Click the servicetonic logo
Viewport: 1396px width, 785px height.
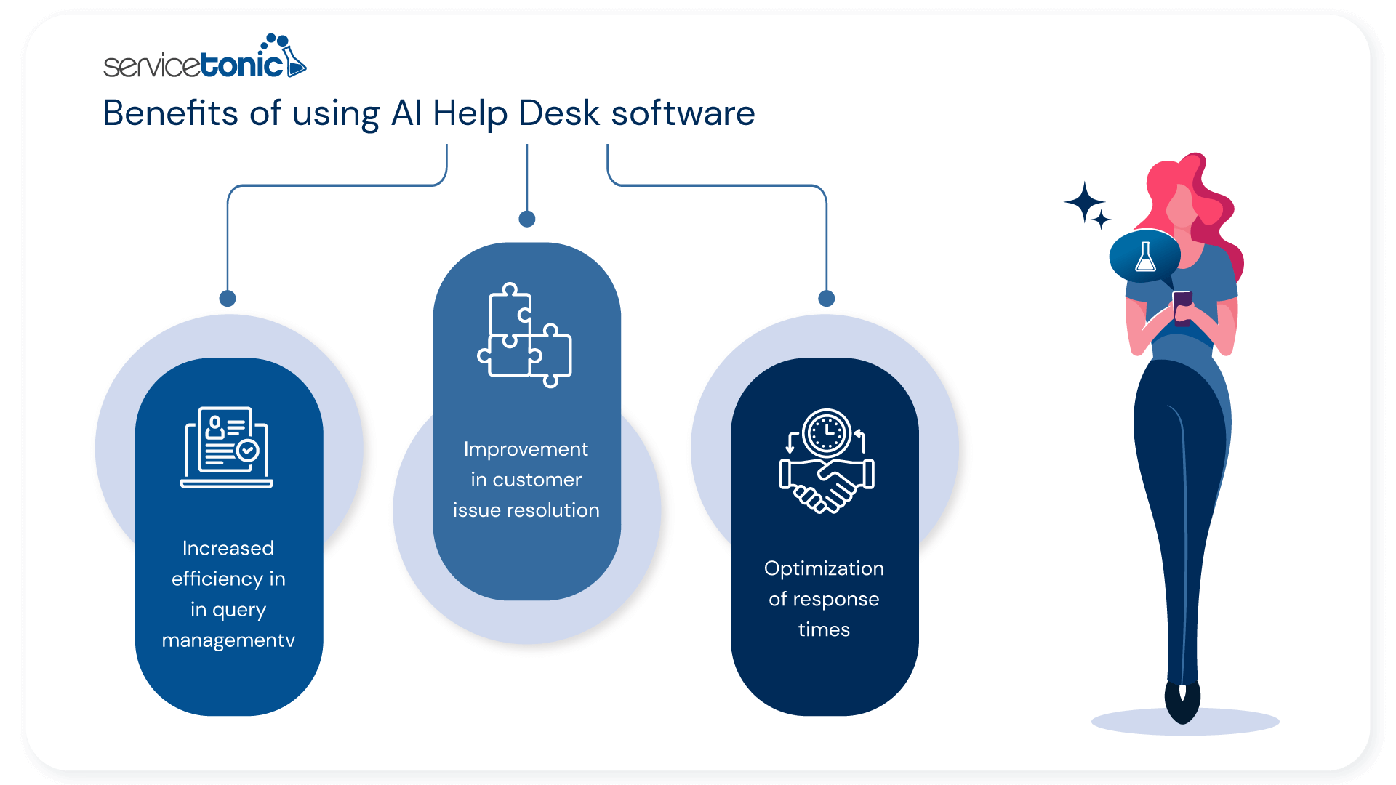[204, 58]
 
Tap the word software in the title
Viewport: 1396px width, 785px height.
[683, 113]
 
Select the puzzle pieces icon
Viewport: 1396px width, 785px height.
[525, 334]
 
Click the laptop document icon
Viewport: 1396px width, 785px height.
[227, 446]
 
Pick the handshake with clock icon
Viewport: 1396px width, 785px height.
[826, 461]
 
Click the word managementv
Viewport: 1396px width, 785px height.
[228, 640]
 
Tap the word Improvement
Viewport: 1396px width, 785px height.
[526, 449]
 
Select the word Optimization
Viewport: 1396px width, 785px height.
[824, 568]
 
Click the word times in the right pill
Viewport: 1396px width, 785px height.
[824, 629]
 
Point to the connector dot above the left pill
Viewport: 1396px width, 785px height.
[228, 298]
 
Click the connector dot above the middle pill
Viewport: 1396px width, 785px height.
[527, 219]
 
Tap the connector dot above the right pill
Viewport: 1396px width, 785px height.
[827, 298]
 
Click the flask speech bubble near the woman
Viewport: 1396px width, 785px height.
[1144, 257]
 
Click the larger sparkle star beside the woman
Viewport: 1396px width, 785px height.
[1084, 202]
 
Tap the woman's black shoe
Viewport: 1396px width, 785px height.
[1182, 701]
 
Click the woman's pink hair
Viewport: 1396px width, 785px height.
[1207, 204]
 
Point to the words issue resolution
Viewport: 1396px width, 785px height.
[526, 510]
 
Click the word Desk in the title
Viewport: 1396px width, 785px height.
[559, 113]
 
